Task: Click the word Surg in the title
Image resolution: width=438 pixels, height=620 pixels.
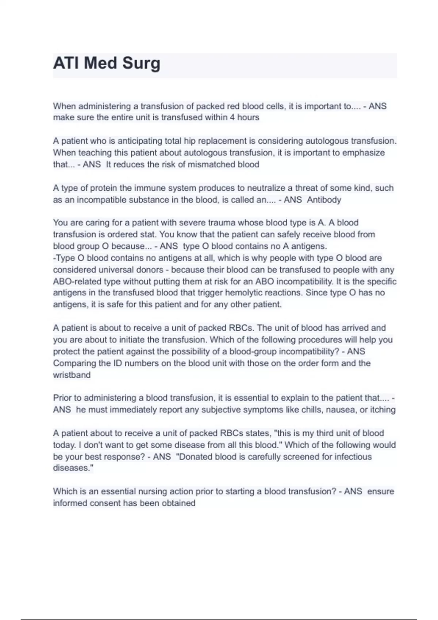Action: tap(141, 63)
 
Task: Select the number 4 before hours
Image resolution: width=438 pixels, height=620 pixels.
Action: tap(232, 117)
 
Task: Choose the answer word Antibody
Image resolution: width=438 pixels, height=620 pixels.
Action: tap(324, 200)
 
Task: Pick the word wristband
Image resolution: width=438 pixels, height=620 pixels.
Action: tap(72, 375)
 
